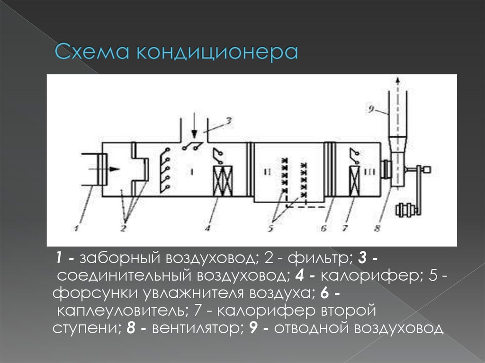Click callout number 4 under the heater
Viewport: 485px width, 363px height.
point(207,228)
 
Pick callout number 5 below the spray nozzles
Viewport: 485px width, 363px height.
point(270,229)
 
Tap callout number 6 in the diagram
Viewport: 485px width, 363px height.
point(323,229)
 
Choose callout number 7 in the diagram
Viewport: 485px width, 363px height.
point(345,229)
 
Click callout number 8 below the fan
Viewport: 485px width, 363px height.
point(377,229)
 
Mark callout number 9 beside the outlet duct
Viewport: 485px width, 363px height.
point(371,109)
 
